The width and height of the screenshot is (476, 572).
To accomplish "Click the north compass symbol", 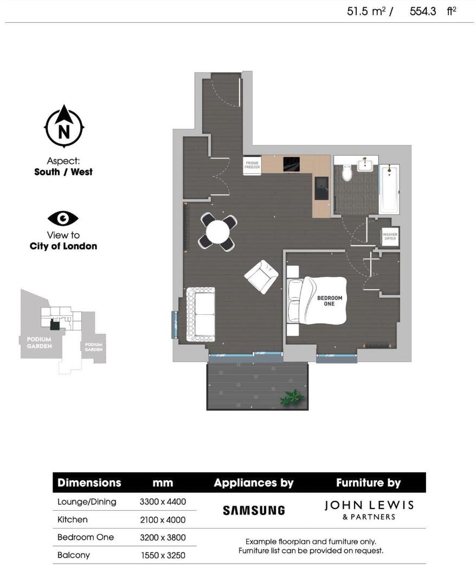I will (x=63, y=126).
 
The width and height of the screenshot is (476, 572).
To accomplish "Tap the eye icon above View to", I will (x=63, y=218).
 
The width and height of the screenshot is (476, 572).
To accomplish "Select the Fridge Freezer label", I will (x=252, y=165).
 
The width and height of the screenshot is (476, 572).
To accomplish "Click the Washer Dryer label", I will (x=390, y=237).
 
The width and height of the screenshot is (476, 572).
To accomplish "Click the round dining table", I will (x=218, y=232).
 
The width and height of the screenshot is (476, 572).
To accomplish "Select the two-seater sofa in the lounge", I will (x=201, y=314).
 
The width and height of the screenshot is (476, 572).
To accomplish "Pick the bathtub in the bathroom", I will (x=389, y=189).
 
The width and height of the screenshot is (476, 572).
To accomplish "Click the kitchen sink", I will (x=323, y=189).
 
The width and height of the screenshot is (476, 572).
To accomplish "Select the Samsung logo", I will (x=254, y=510).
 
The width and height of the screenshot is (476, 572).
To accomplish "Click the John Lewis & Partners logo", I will (x=369, y=510).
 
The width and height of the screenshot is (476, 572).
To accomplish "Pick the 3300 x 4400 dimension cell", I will (x=163, y=502).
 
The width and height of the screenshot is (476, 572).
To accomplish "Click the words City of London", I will (x=63, y=246).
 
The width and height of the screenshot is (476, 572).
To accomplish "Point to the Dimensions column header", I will (x=89, y=482).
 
